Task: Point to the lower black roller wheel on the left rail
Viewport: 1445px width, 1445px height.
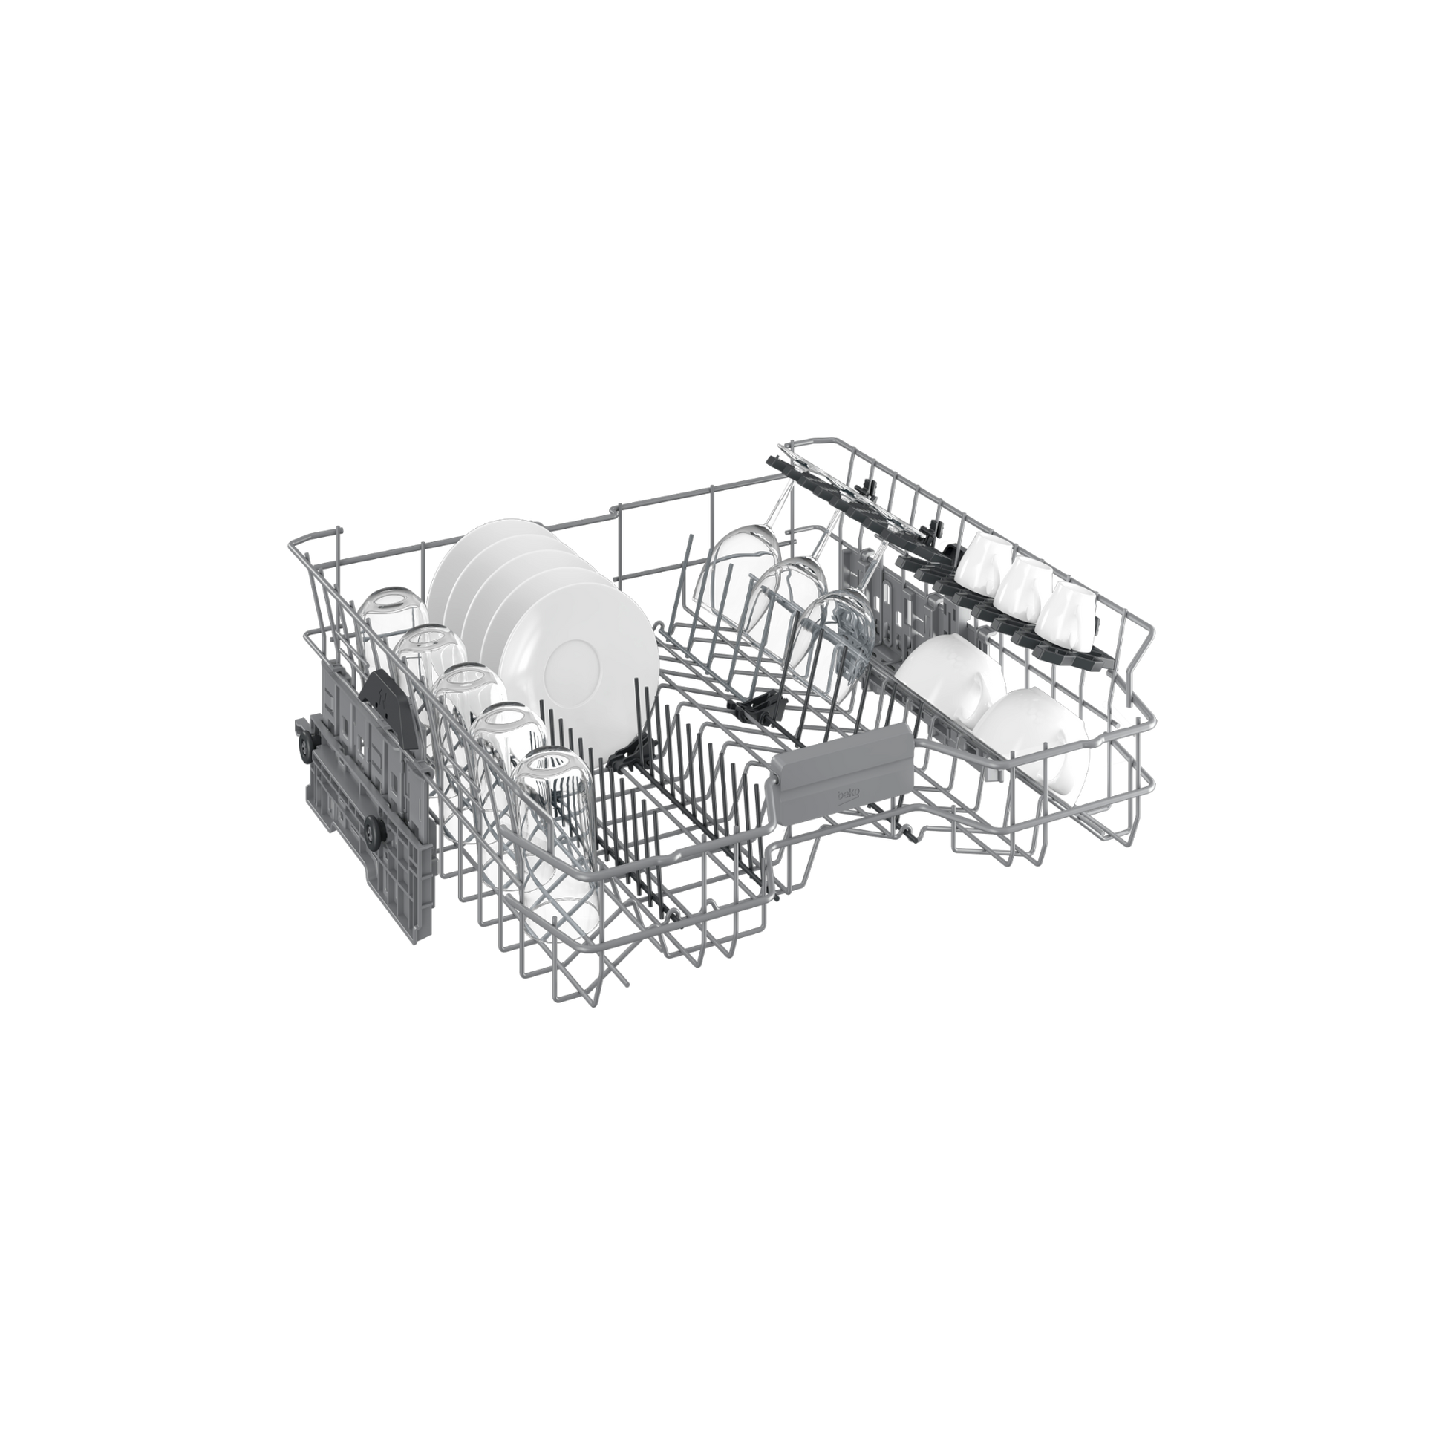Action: pyautogui.click(x=371, y=826)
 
